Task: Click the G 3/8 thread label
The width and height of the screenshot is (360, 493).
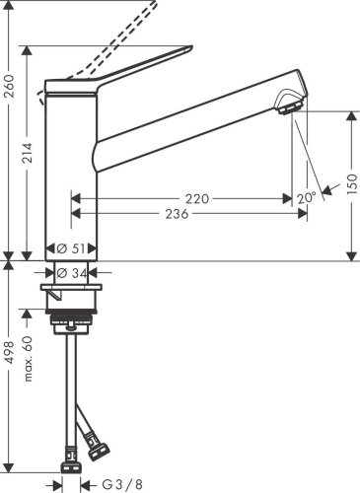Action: coord(121,485)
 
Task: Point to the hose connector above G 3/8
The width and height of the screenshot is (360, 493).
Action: coord(72,458)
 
